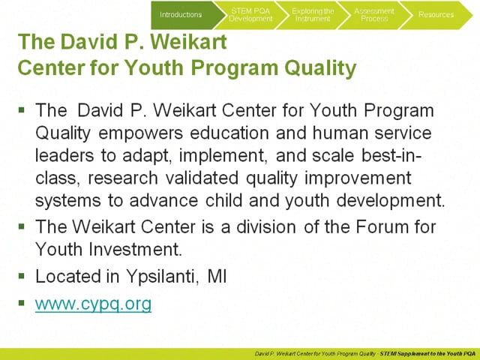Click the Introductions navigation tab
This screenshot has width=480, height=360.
click(x=181, y=14)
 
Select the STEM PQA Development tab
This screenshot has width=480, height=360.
click(x=250, y=14)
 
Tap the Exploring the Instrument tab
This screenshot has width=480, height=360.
click(x=313, y=14)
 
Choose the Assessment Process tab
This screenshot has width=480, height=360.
click(x=374, y=14)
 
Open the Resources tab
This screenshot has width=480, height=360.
click(x=436, y=14)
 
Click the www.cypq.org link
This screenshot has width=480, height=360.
click(x=93, y=304)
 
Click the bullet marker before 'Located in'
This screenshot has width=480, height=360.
click(x=22, y=275)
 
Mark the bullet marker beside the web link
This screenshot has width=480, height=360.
click(x=22, y=304)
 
